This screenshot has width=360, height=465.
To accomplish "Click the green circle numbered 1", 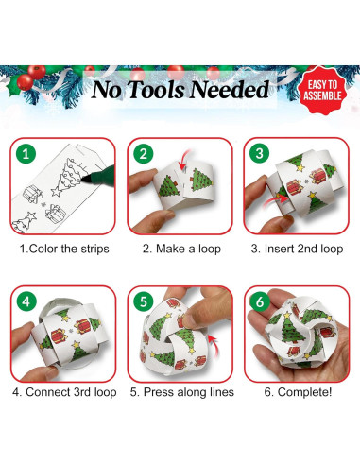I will pyautogui.click(x=28, y=152).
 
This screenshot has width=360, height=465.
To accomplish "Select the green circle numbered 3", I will pyautogui.click(x=260, y=152).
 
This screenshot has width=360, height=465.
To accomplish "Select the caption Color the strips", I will pyautogui.click(x=64, y=250).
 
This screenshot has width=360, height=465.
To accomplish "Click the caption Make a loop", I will pyautogui.click(x=180, y=250).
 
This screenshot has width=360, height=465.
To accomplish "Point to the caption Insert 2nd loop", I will pyautogui.click(x=295, y=250).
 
